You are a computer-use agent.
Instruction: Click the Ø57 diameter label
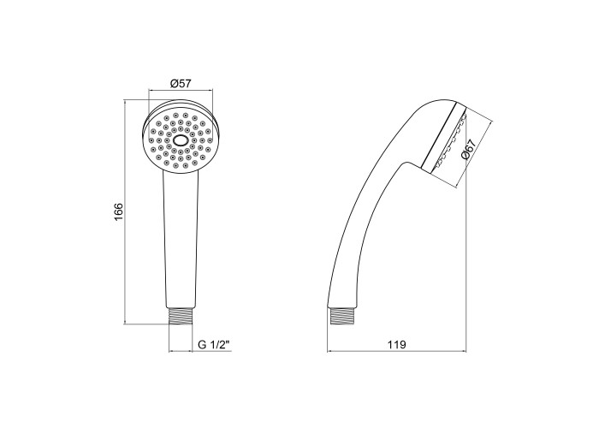click(181, 83)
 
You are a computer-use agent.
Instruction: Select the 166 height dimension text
click(118, 211)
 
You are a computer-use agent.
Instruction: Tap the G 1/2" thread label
click(214, 345)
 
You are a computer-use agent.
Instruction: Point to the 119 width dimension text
click(396, 345)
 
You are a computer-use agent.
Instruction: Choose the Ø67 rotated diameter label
click(468, 149)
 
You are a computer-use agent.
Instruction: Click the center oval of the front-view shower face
click(181, 140)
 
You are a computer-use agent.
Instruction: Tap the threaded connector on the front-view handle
click(181, 316)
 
